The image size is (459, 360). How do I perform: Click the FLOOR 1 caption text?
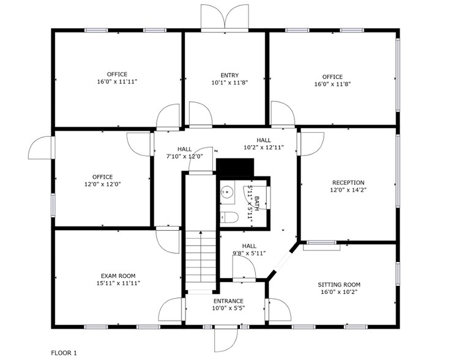click(x=64, y=353)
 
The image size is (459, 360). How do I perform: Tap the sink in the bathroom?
click(x=227, y=192)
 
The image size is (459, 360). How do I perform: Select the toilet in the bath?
click(x=229, y=217)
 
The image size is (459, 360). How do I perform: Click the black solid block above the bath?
click(x=235, y=167)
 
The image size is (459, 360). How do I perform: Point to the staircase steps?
click(x=201, y=260)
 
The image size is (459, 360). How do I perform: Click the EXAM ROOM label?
click(x=118, y=276)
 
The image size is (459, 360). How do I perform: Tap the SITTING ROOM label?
click(x=339, y=285)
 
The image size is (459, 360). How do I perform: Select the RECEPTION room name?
click(x=348, y=182)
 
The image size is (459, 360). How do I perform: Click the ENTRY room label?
click(x=229, y=75)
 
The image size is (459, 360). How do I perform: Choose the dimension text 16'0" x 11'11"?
click(x=117, y=81)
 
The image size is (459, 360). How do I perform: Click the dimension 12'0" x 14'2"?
click(x=348, y=190)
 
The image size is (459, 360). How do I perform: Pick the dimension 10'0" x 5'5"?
click(x=228, y=308)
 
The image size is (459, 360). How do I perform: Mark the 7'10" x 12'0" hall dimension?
click(x=185, y=156)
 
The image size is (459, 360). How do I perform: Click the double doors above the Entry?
click(x=225, y=18)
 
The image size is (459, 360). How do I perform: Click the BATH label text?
click(x=256, y=204)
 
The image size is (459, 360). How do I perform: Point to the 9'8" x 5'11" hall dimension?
click(x=249, y=253)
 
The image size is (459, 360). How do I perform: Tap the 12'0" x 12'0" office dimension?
click(x=102, y=184)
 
